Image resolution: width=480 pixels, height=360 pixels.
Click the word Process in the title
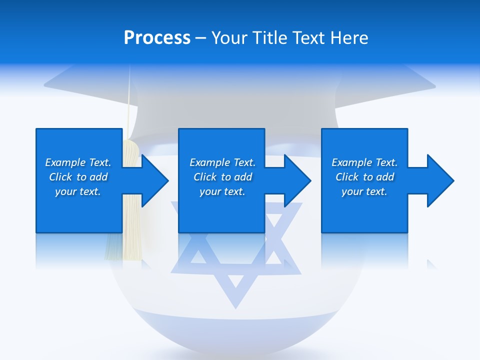tap(157, 38)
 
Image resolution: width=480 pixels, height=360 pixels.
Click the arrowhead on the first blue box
tap(152, 180)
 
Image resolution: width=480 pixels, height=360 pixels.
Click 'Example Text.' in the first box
tap(78, 162)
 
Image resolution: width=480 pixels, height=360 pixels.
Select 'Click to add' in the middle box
tap(222, 177)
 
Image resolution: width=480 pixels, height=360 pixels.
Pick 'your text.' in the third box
tap(364, 191)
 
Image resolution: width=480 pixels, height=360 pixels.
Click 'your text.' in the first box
tap(78, 191)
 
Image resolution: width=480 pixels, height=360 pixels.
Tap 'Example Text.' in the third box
tap(364, 162)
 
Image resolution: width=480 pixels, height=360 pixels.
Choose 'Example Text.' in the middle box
tap(222, 162)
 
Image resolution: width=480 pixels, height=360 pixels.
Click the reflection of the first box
tap(78, 250)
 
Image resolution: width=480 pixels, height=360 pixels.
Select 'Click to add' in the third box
tap(364, 177)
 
